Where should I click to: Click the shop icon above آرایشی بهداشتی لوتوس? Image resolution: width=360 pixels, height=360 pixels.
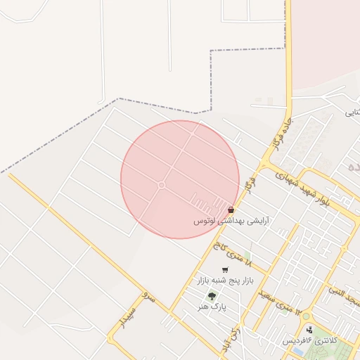pos(231,210)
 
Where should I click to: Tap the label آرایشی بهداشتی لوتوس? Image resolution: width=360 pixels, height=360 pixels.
pos(231,221)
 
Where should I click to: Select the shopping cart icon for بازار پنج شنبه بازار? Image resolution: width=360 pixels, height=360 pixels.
pos(225,270)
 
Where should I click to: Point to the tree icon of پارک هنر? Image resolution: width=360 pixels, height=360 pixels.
pos(212,296)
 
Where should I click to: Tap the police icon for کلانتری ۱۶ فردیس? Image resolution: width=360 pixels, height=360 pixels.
pos(309,330)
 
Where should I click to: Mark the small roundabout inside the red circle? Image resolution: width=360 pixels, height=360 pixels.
pos(161,185)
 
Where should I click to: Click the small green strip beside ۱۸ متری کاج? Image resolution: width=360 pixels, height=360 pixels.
pos(247,255)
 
